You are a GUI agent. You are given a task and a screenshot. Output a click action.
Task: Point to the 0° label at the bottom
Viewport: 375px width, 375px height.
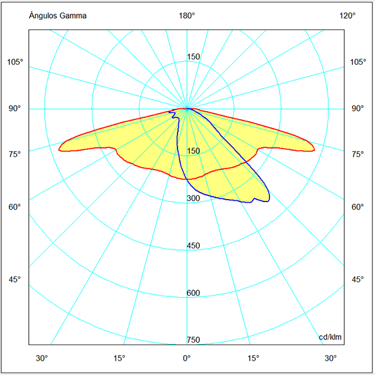coord(187,358)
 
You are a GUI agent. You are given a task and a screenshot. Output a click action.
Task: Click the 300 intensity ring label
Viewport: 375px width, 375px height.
coord(194,198)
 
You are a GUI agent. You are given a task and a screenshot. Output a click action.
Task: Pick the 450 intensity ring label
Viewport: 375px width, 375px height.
coord(194,246)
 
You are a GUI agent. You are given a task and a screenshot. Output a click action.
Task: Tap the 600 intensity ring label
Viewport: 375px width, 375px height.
coord(194,293)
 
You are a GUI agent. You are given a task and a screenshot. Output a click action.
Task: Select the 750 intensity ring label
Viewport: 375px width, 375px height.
coord(194,340)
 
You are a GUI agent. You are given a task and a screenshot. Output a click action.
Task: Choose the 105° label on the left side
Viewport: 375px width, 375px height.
coord(16,62)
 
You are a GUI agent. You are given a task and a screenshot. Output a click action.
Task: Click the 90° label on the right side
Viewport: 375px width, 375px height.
coord(357,109)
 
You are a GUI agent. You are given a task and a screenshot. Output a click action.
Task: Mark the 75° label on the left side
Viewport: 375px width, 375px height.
coord(16,154)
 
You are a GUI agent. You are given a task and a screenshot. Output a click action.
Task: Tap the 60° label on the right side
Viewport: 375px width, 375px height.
coord(357,207)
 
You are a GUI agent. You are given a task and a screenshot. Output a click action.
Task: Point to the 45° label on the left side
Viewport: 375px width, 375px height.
coord(16,279)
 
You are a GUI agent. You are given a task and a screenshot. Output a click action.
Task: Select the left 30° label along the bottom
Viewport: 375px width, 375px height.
coord(41,358)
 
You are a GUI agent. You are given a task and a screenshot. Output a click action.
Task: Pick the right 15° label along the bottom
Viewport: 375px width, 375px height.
coord(254,358)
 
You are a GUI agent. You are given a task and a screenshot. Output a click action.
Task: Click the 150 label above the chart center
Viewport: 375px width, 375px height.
coord(194,57)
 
